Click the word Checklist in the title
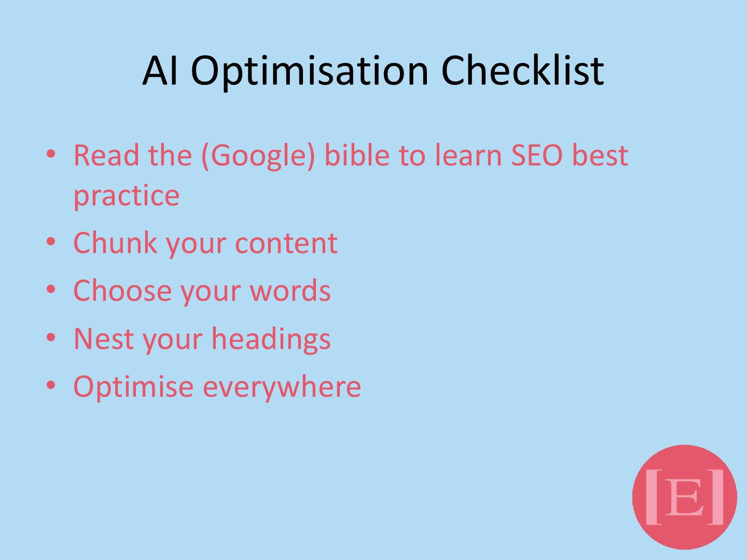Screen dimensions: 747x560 pos(522,71)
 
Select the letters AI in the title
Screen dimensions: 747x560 pos(160,71)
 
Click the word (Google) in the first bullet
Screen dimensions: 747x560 pos(258,156)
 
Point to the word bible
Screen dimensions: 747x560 pos(357,155)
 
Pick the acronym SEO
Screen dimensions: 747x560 pos(537,155)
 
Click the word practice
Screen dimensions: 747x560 pos(126,196)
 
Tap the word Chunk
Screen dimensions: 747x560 pos(115,243)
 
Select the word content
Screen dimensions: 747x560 pos(286,244)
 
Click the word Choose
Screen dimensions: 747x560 pos(122,291)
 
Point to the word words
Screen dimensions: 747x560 pos(290,291)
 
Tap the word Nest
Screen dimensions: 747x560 pos(104,339)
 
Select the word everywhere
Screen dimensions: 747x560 pos(282,388)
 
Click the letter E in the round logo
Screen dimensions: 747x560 pos(684,497)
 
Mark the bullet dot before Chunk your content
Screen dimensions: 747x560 pos(51,242)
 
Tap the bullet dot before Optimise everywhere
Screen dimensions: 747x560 pos(51,385)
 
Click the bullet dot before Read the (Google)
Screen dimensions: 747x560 pos(51,153)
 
